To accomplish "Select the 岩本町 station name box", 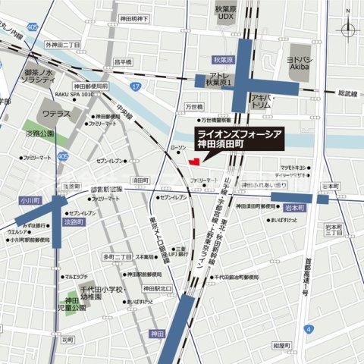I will click(x=294, y=206).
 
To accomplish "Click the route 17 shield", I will click(x=135, y=87).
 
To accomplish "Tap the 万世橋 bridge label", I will click(x=195, y=108).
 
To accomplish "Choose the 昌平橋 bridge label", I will click(x=122, y=61).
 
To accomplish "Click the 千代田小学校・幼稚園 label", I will click(x=93, y=294).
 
